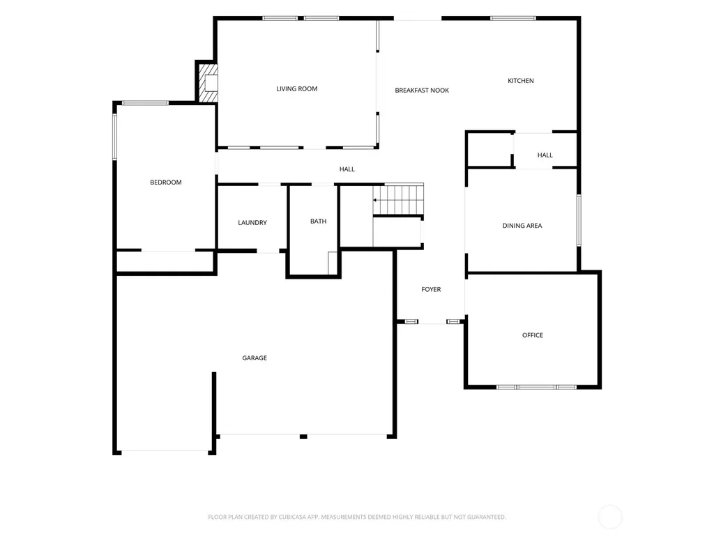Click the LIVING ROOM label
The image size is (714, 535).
(297, 88)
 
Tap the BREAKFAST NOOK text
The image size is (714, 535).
(422, 90)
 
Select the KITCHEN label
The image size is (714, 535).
(520, 81)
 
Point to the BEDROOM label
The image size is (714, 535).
(166, 183)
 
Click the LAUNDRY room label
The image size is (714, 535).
(252, 222)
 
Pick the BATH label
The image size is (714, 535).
(318, 221)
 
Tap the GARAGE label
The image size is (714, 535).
(255, 358)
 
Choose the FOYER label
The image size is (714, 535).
(431, 289)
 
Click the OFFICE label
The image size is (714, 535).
(532, 335)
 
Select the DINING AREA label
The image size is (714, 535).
(522, 226)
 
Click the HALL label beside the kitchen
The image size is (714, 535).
(545, 155)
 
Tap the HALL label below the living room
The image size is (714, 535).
(347, 169)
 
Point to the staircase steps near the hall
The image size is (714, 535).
(398, 199)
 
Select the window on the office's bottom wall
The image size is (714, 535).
(536, 387)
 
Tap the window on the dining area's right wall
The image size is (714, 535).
(579, 220)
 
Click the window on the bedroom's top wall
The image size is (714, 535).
(145, 103)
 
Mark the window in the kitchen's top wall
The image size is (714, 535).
(513, 18)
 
